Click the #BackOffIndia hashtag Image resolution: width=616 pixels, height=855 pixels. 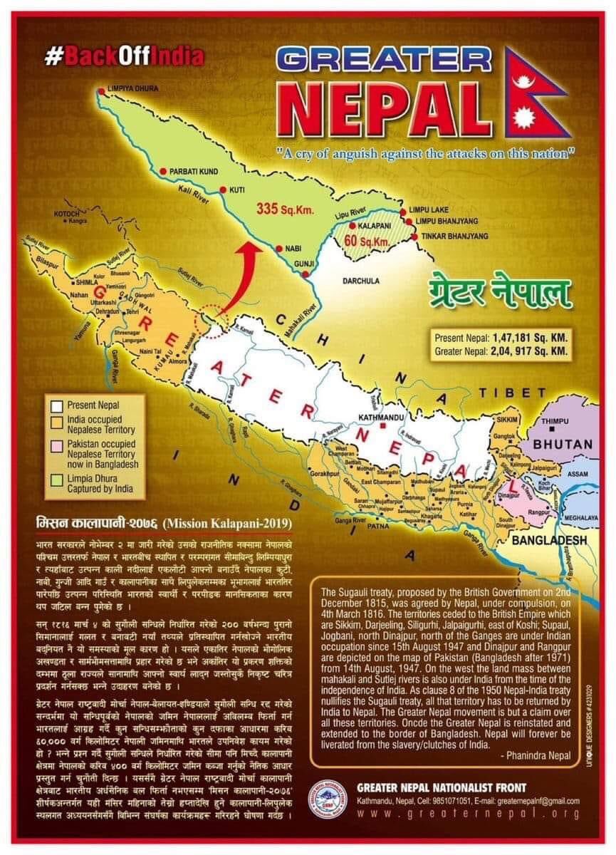124,56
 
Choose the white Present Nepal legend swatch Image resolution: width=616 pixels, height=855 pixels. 56,405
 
